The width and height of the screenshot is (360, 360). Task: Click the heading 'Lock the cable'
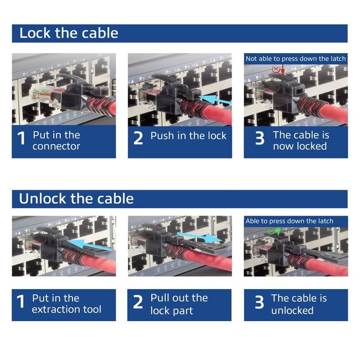point(69,33)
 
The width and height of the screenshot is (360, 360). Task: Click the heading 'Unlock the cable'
point(76,198)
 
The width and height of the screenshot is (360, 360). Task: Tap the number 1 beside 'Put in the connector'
point(21,139)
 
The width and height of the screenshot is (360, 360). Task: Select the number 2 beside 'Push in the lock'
point(138,138)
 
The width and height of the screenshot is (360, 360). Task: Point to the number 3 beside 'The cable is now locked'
point(259,139)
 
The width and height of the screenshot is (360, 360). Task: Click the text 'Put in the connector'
point(56,141)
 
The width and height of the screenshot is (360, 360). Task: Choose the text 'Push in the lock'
point(188,136)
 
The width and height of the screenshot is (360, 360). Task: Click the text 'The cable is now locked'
point(300,141)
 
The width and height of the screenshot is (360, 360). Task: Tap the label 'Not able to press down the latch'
point(296,59)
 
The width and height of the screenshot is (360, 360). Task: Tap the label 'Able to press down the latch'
point(289,221)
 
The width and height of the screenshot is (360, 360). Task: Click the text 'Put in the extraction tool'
point(66,304)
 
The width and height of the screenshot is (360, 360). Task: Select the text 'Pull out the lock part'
point(179,304)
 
